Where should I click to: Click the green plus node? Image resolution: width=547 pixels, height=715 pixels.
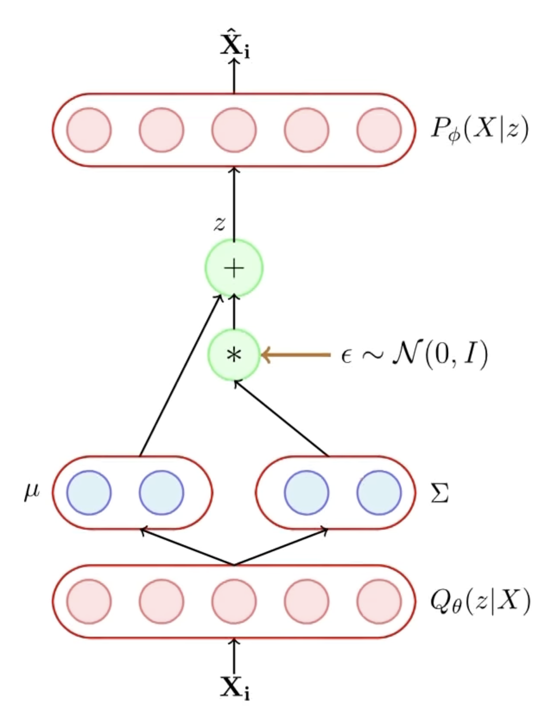[x=234, y=268]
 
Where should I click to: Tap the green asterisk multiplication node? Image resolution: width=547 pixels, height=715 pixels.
[x=234, y=355]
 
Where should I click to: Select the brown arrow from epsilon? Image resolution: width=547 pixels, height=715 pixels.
[x=296, y=355]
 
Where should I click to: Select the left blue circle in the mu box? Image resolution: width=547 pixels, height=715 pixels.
[x=89, y=493]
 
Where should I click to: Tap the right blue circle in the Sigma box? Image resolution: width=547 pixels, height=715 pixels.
[x=379, y=493]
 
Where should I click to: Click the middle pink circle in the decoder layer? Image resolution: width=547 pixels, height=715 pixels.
[x=234, y=130]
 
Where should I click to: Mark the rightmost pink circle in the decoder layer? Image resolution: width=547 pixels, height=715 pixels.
[x=379, y=130]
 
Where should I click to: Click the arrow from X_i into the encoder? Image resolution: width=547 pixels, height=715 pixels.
[x=234, y=654]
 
